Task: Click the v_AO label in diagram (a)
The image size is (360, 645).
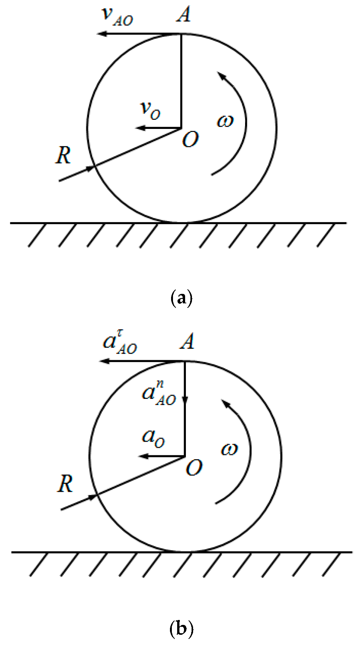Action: coord(118,16)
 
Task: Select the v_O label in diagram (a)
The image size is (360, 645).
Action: coord(150,110)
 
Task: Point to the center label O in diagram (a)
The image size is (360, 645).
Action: coord(190,140)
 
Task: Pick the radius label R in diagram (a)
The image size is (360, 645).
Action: coord(63,155)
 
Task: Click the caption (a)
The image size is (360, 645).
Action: coord(181,298)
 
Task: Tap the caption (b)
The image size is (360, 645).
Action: coord(181,628)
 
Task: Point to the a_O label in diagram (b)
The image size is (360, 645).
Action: coord(153,438)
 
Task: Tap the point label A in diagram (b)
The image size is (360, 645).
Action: coord(187,342)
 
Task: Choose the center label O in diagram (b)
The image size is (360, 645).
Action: coord(194,468)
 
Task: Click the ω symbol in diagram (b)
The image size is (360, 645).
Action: coord(229,449)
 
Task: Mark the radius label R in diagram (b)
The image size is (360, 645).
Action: coord(65,484)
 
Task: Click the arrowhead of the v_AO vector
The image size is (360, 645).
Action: coord(100,34)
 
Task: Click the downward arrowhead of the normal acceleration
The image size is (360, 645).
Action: coord(185,400)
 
